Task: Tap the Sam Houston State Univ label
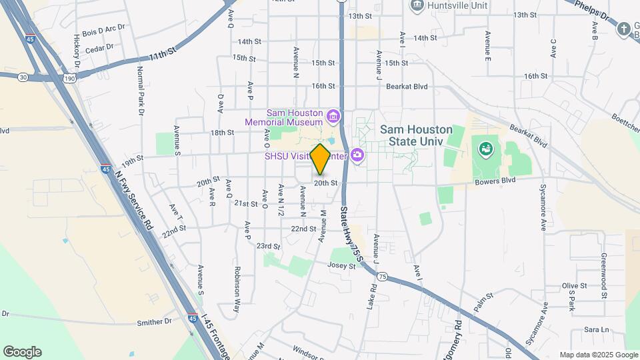point(416,137)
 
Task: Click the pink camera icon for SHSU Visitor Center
point(357,155)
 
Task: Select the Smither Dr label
point(154,323)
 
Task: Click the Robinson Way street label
point(237,290)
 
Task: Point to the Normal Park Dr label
point(141,91)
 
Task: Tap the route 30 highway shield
point(23,77)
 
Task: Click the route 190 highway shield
point(69,79)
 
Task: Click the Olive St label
point(573,285)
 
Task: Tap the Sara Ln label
point(597,330)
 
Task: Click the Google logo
point(22,351)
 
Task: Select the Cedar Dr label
point(100,47)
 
